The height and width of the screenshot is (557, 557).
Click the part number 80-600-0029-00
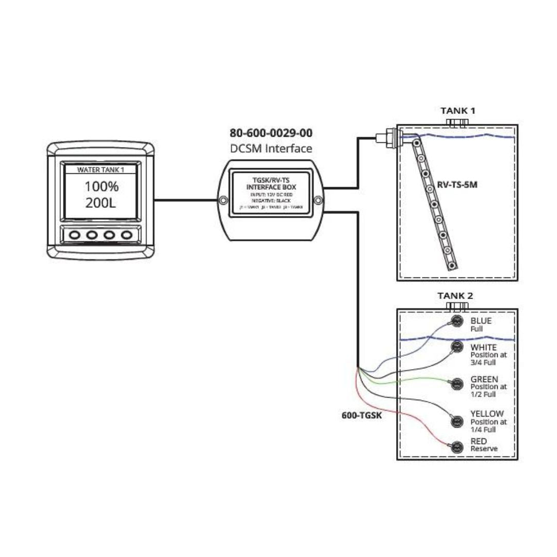[271, 133]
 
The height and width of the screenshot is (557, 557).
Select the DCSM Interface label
[271, 149]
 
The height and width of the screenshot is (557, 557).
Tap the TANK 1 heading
[457, 110]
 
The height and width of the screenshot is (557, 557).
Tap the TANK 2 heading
[455, 296]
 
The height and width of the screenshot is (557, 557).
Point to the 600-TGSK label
[362, 415]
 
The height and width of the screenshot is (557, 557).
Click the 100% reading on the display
[101, 186]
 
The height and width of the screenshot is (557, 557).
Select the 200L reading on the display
[101, 203]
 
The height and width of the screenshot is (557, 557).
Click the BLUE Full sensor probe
[456, 321]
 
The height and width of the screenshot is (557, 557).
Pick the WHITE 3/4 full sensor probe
[456, 346]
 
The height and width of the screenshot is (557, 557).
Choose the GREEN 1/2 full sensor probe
[456, 383]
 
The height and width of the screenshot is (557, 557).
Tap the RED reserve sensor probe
[456, 447]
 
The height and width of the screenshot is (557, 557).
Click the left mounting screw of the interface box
[222, 200]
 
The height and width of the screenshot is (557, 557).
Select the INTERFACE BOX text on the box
[271, 187]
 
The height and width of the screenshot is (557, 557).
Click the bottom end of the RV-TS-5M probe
[452, 266]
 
